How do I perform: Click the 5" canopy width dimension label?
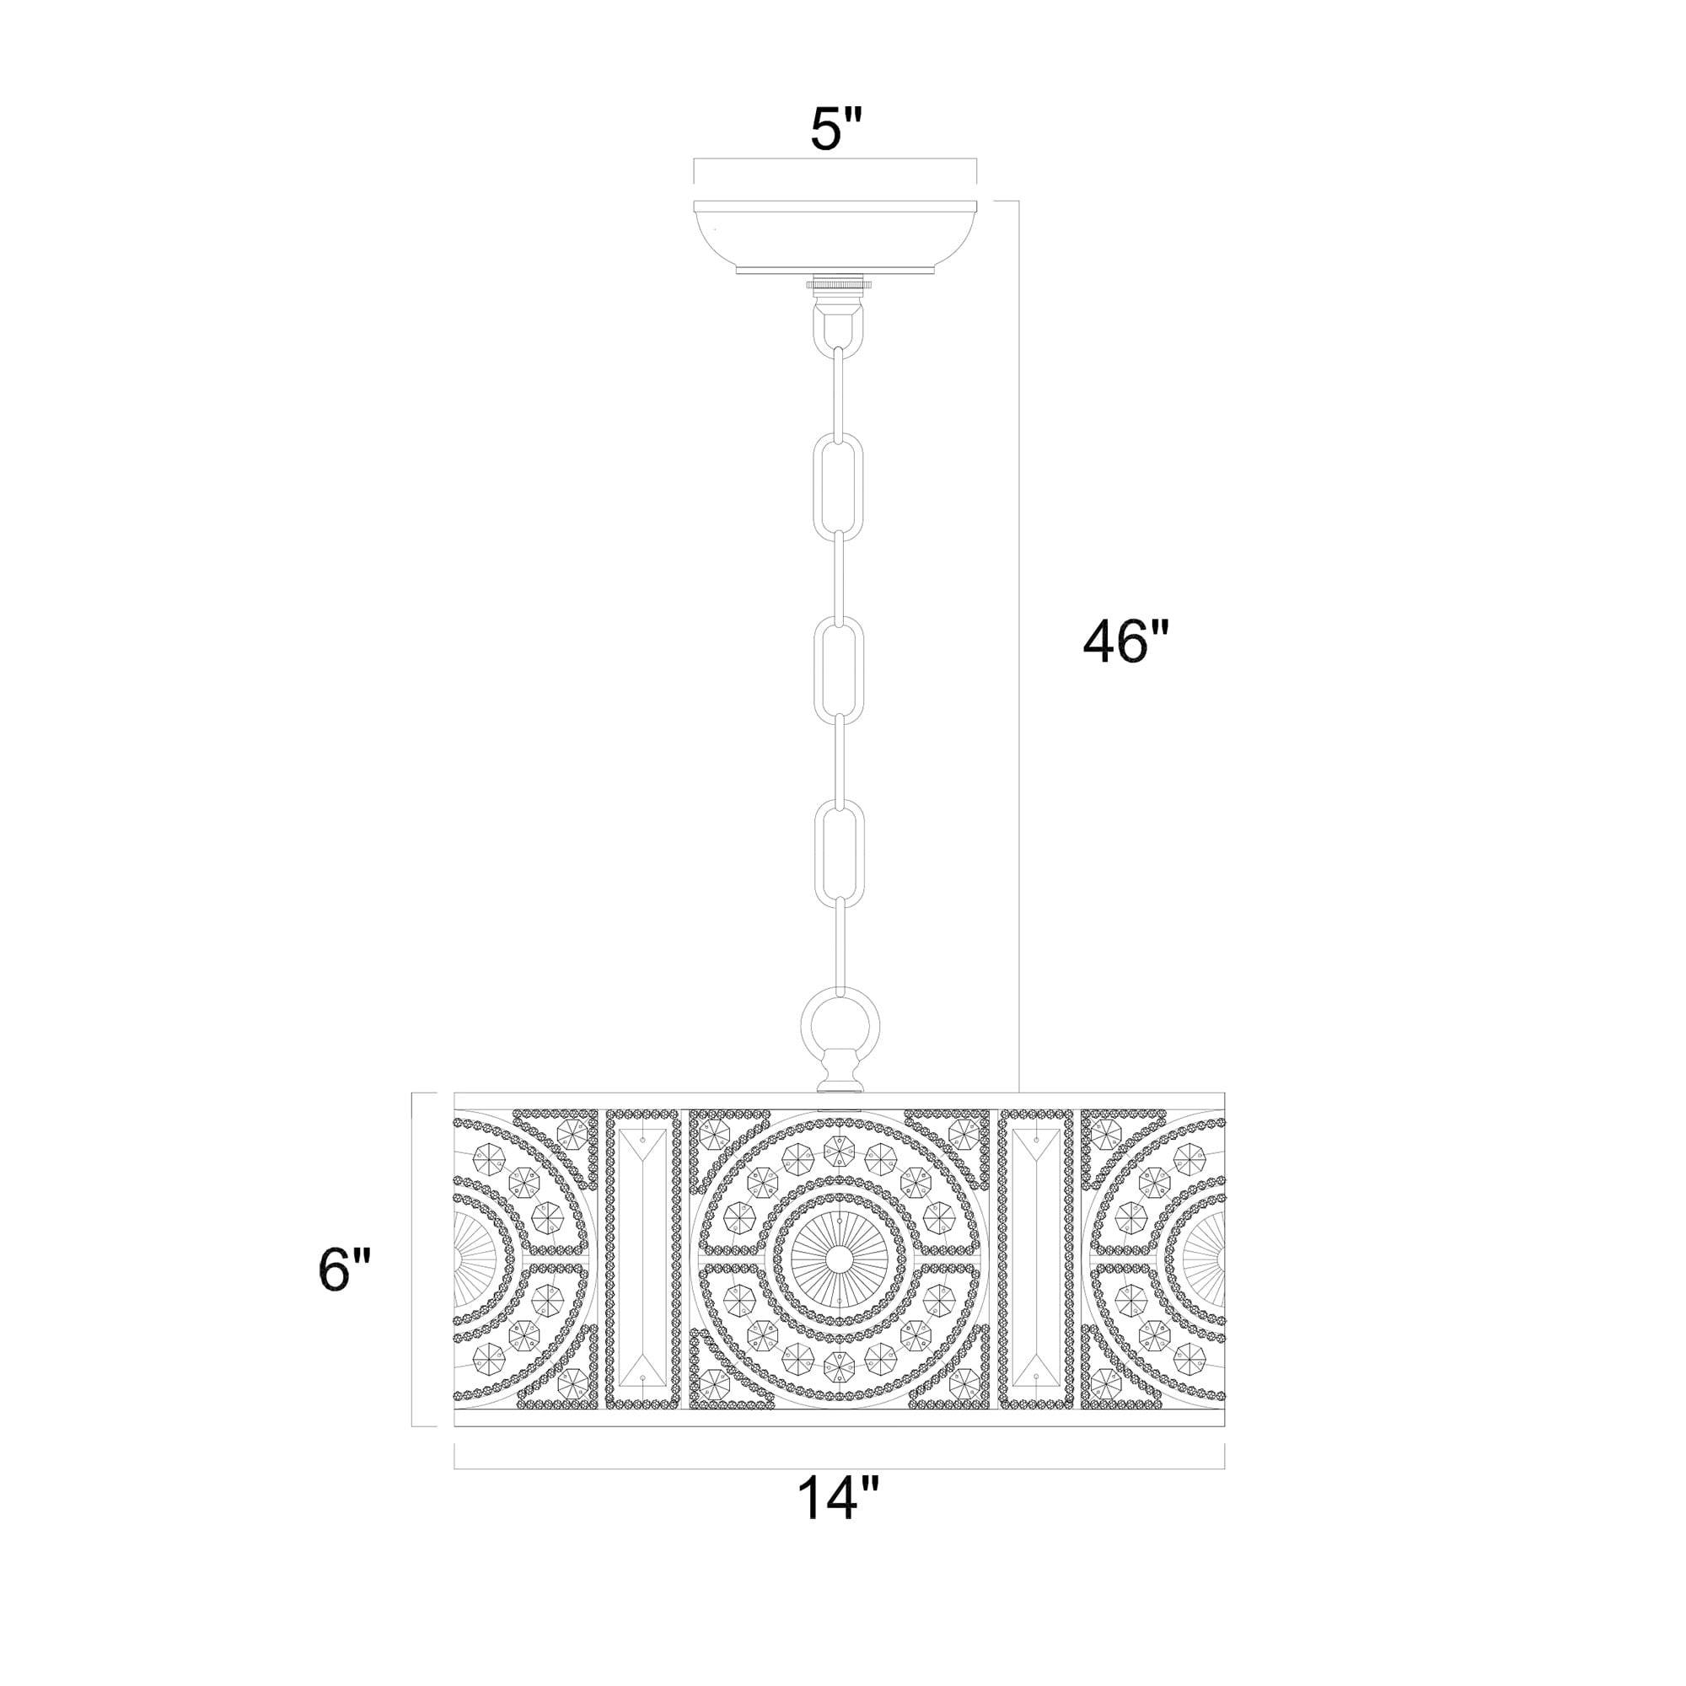(835, 131)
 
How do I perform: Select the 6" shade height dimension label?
(345, 1269)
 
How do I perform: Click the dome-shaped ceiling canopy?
(835, 237)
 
